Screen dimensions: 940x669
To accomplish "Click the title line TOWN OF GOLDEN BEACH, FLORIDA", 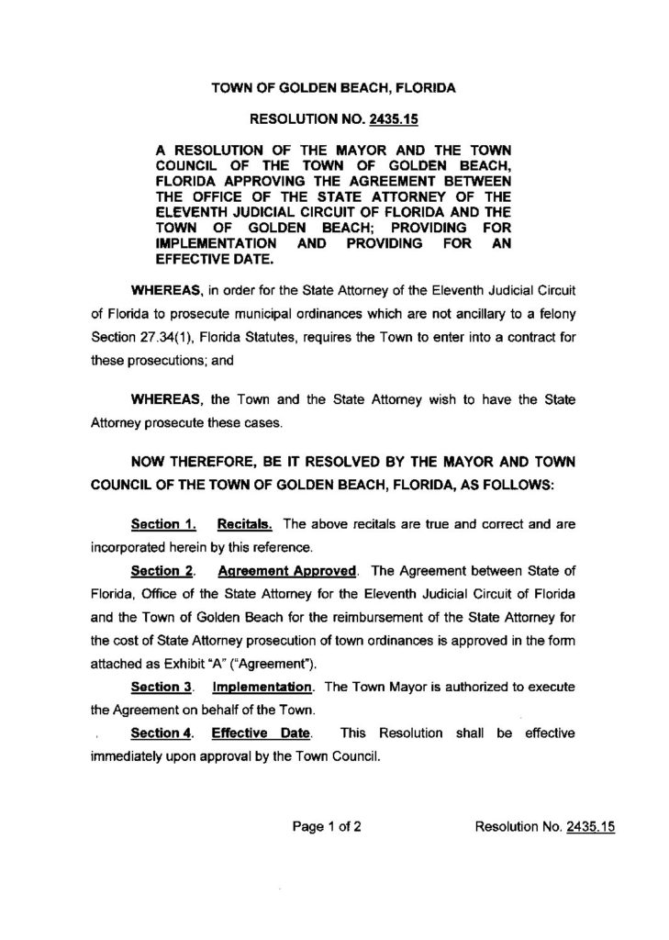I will click(x=334, y=89).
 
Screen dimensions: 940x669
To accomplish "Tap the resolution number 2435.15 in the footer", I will click(x=590, y=826).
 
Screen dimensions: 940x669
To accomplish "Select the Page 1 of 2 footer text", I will click(x=326, y=826).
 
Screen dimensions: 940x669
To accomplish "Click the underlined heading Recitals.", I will click(x=245, y=525).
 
